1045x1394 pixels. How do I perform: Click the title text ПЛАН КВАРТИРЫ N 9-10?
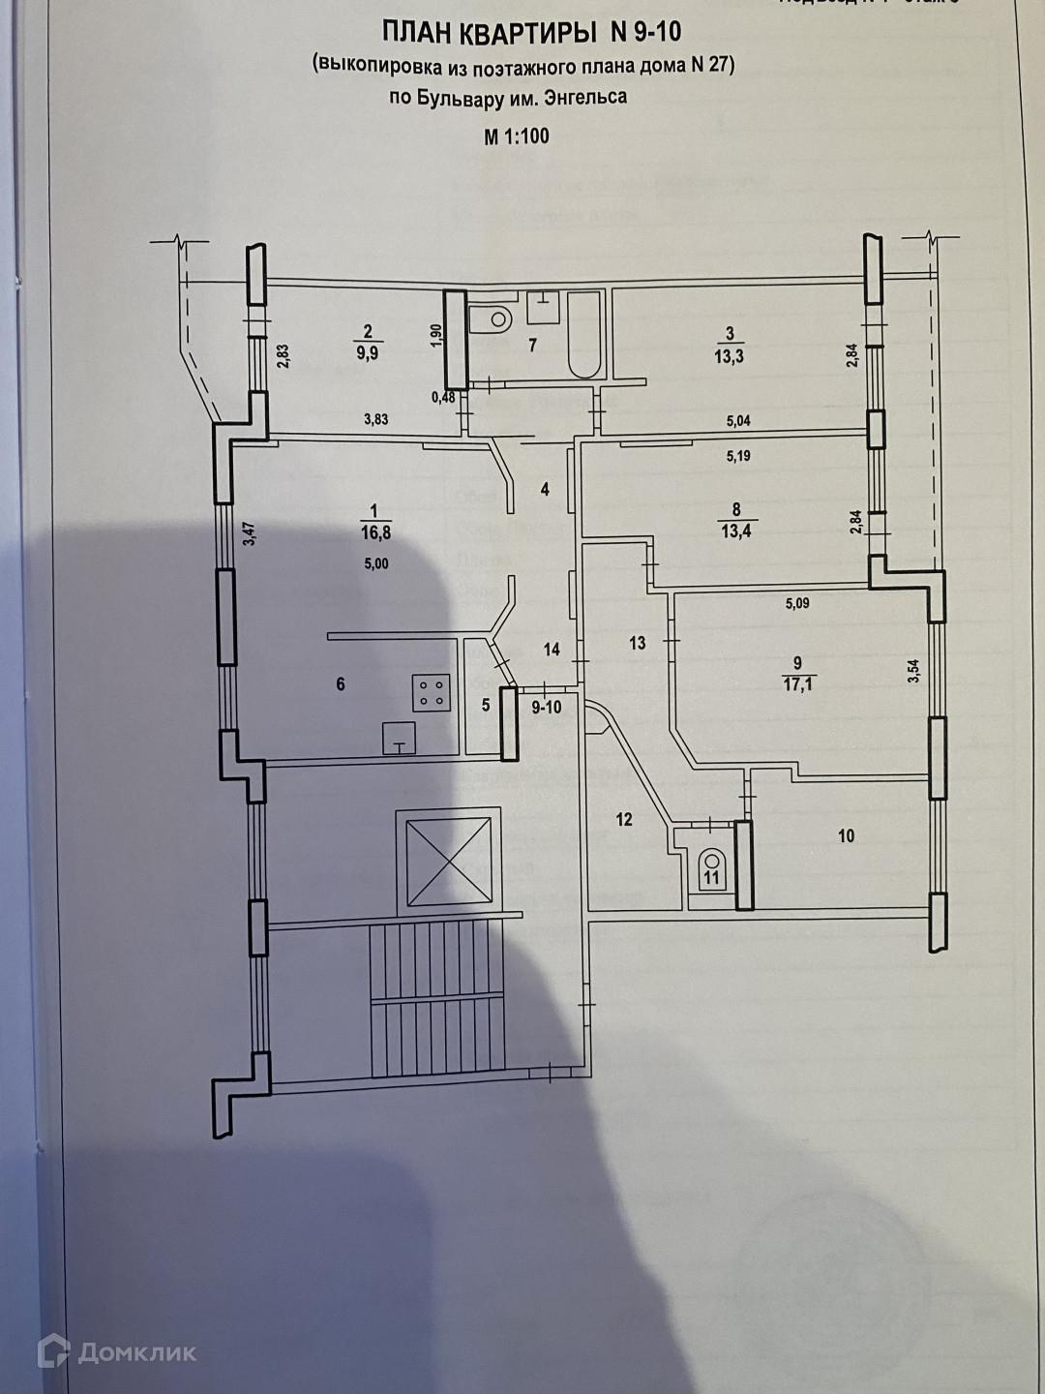point(531,33)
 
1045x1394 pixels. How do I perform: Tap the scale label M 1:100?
point(516,136)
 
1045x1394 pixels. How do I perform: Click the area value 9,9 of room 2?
point(368,353)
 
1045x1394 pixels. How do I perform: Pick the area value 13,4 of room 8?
point(736,530)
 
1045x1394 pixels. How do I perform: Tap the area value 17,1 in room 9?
point(797,683)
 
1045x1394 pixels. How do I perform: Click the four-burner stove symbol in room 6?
point(432,690)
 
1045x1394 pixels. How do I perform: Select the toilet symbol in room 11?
point(713,862)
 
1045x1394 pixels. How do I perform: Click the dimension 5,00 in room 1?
point(375,563)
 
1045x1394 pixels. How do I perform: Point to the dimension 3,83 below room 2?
point(375,419)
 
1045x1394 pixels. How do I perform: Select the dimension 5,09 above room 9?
point(797,604)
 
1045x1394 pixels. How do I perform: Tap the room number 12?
point(624,820)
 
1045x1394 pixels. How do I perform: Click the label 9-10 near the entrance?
point(547,708)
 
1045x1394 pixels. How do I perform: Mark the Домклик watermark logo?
point(117,1351)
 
